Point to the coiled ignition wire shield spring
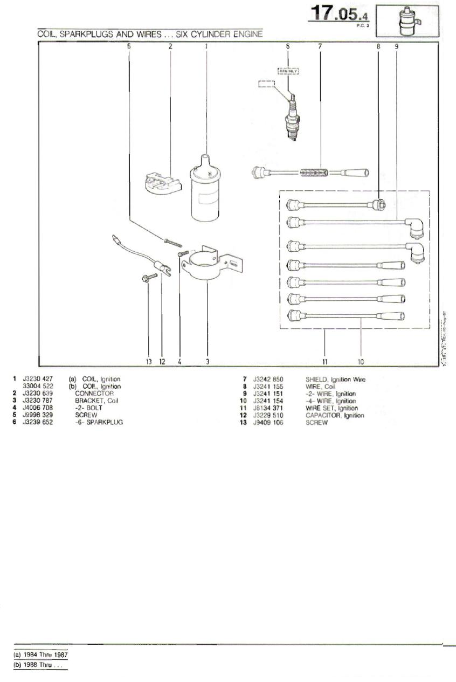pyautogui.click(x=314, y=173)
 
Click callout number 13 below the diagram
pyautogui.click(x=149, y=361)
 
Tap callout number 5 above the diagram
pyautogui.click(x=129, y=46)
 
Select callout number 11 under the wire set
pyautogui.click(x=325, y=361)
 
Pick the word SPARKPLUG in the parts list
pyautogui.click(x=105, y=422)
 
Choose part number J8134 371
pyautogui.click(x=268, y=408)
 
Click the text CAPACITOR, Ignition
pyautogui.click(x=334, y=415)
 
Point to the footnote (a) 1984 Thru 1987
pyautogui.click(x=41, y=655)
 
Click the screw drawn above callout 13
pyautogui.click(x=149, y=277)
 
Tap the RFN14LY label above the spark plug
pyautogui.click(x=288, y=71)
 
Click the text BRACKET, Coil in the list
pyautogui.click(x=96, y=401)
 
